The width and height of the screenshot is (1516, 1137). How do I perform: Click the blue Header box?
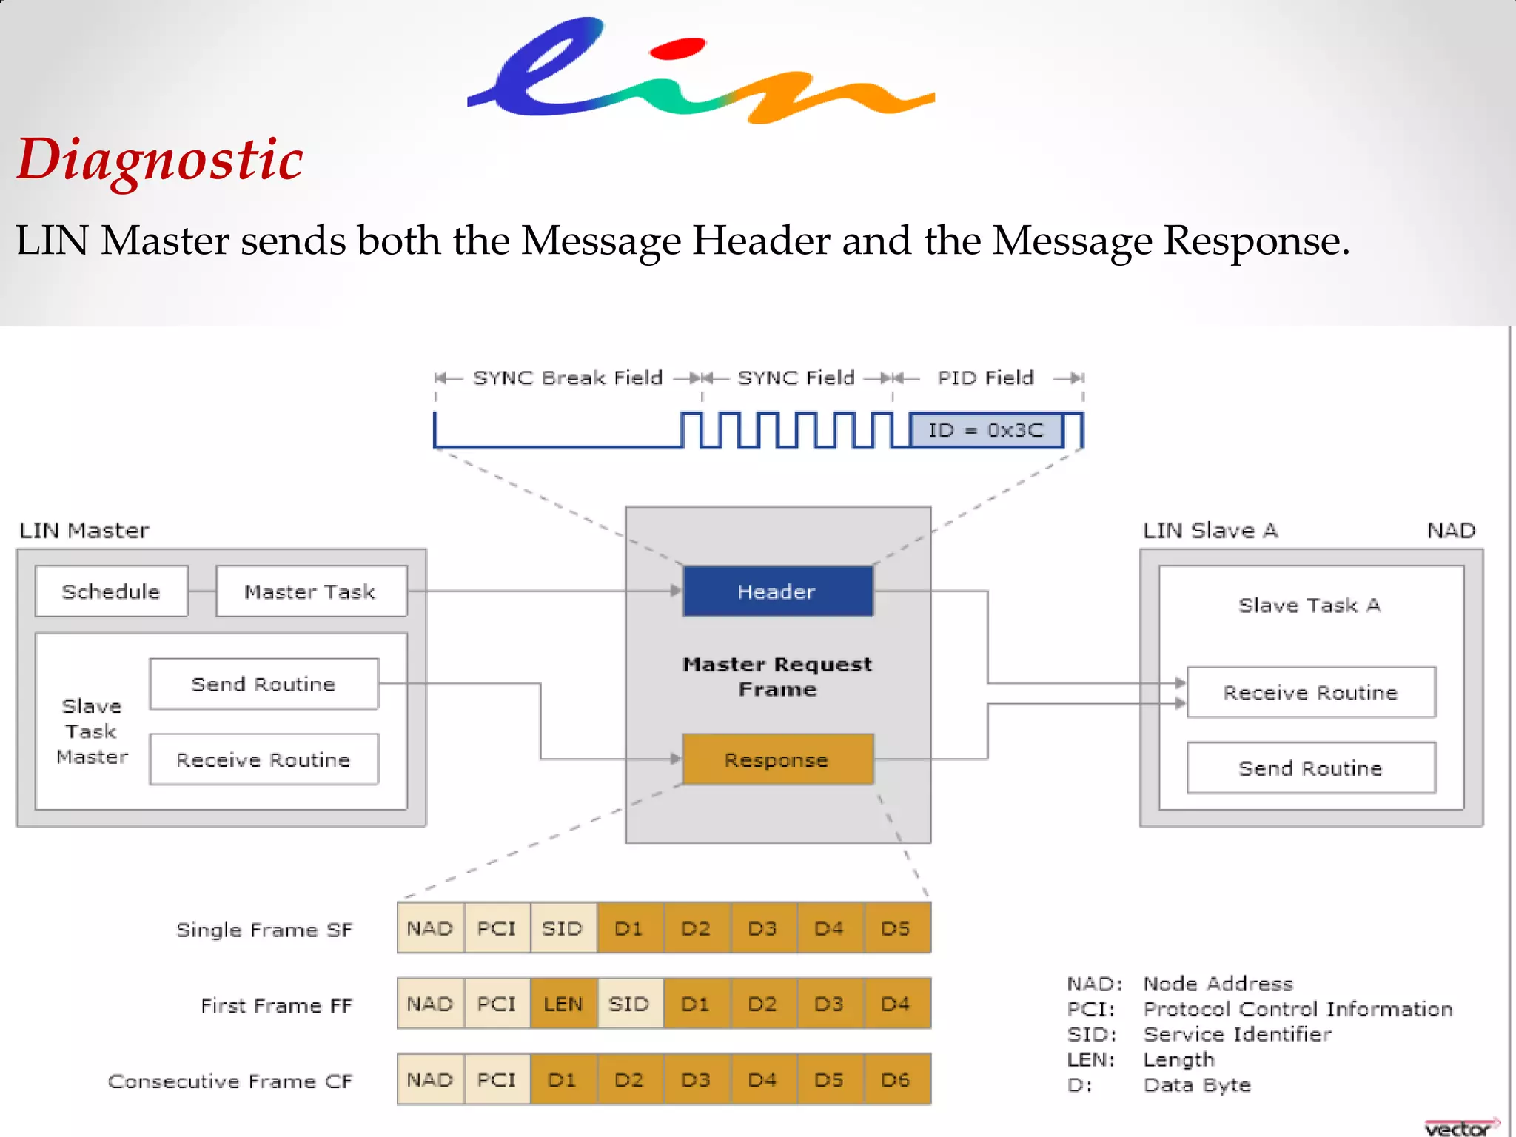(x=777, y=591)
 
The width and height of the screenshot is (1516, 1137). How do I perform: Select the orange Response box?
(x=777, y=759)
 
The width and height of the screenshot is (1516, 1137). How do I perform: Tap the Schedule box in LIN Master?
(x=111, y=591)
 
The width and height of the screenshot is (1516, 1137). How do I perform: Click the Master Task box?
(x=311, y=591)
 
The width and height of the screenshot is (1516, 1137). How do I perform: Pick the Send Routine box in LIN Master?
(x=264, y=684)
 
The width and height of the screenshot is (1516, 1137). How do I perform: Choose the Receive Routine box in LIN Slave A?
(x=1310, y=693)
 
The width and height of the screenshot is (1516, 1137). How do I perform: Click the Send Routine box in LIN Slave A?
(x=1310, y=768)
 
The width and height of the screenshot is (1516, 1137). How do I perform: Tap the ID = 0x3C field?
(x=986, y=430)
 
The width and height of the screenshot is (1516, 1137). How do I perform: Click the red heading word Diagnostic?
(x=160, y=159)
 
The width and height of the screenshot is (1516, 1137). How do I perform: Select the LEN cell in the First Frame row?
(x=563, y=1004)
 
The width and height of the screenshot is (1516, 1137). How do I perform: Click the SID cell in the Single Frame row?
(x=563, y=928)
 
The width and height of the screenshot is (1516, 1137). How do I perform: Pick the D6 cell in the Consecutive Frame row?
(x=896, y=1080)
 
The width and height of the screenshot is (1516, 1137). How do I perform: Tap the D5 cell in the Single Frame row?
(x=896, y=928)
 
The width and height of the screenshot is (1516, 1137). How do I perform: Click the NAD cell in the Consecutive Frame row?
(x=430, y=1080)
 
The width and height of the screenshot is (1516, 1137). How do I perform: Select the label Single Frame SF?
(x=264, y=930)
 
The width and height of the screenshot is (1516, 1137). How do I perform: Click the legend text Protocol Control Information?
(x=1297, y=1009)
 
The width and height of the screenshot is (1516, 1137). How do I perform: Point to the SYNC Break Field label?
(x=568, y=378)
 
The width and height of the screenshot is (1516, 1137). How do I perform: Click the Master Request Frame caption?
(x=777, y=677)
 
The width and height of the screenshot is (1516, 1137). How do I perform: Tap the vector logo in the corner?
(x=1458, y=1127)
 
